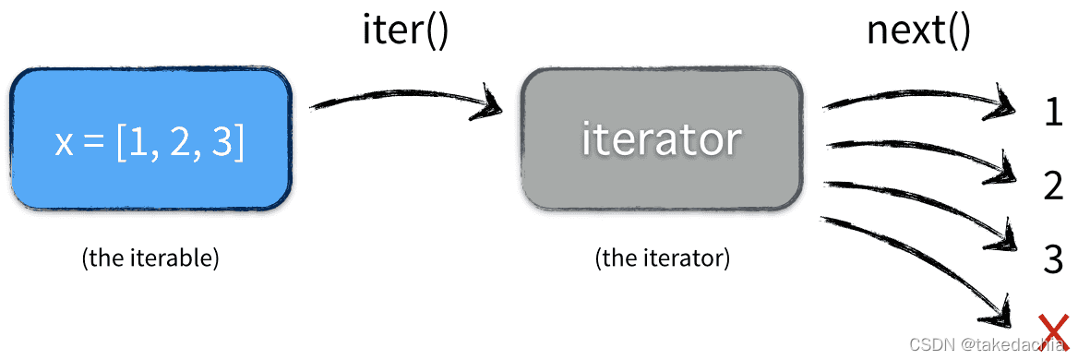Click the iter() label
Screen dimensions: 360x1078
click(404, 32)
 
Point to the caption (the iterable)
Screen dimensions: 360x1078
click(150, 258)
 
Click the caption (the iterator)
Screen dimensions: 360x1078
click(662, 258)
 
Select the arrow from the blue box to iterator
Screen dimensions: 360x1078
click(406, 97)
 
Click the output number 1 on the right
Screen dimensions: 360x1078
click(1053, 112)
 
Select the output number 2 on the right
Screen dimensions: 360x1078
click(1053, 186)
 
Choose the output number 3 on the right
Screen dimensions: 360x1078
click(1053, 258)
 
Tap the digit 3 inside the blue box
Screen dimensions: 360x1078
click(223, 145)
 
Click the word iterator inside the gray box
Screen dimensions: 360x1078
click(661, 138)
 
